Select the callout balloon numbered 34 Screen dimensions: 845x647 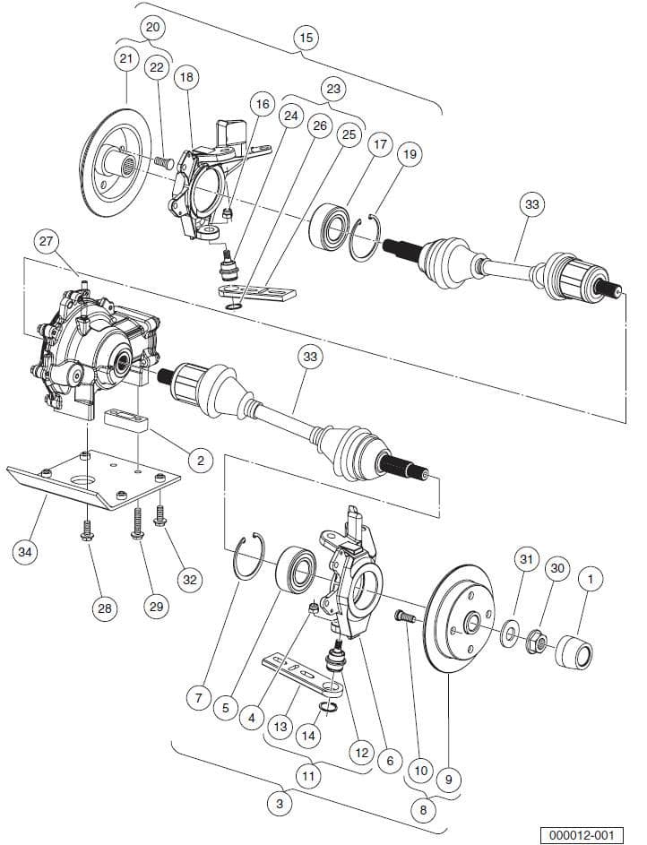click(x=25, y=552)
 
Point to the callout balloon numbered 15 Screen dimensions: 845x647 click(x=306, y=38)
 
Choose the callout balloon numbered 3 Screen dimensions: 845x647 click(x=280, y=805)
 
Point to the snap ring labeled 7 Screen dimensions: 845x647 click(x=246, y=559)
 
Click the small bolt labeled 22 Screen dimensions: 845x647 click(x=161, y=162)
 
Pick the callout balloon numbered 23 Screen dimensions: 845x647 click(x=333, y=89)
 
